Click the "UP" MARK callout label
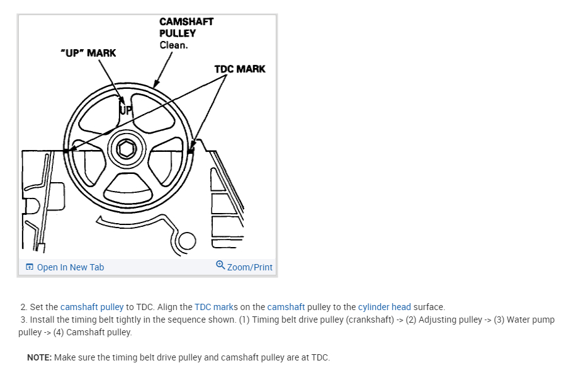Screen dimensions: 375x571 point(88,53)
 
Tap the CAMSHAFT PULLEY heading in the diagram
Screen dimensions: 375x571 point(186,27)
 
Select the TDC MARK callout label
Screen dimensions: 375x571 point(240,69)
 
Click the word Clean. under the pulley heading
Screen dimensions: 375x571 point(174,45)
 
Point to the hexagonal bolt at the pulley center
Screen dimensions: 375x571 point(127,149)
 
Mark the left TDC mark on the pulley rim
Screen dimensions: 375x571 point(66,150)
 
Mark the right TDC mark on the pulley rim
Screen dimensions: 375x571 point(191,150)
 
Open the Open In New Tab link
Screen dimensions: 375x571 point(70,267)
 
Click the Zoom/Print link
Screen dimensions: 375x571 point(249,267)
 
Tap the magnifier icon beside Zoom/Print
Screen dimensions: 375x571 point(220,266)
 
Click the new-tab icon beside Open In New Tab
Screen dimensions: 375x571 point(30,267)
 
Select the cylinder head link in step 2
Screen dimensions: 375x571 point(384,307)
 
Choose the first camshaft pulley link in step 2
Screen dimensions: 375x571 point(92,307)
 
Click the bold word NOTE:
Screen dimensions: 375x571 point(39,357)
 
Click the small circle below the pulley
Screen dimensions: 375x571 point(187,241)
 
